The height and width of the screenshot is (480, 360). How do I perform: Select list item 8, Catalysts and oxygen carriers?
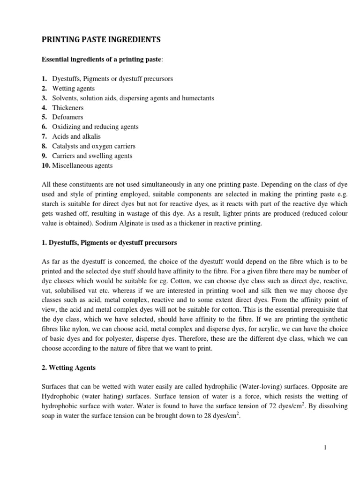(92, 146)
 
